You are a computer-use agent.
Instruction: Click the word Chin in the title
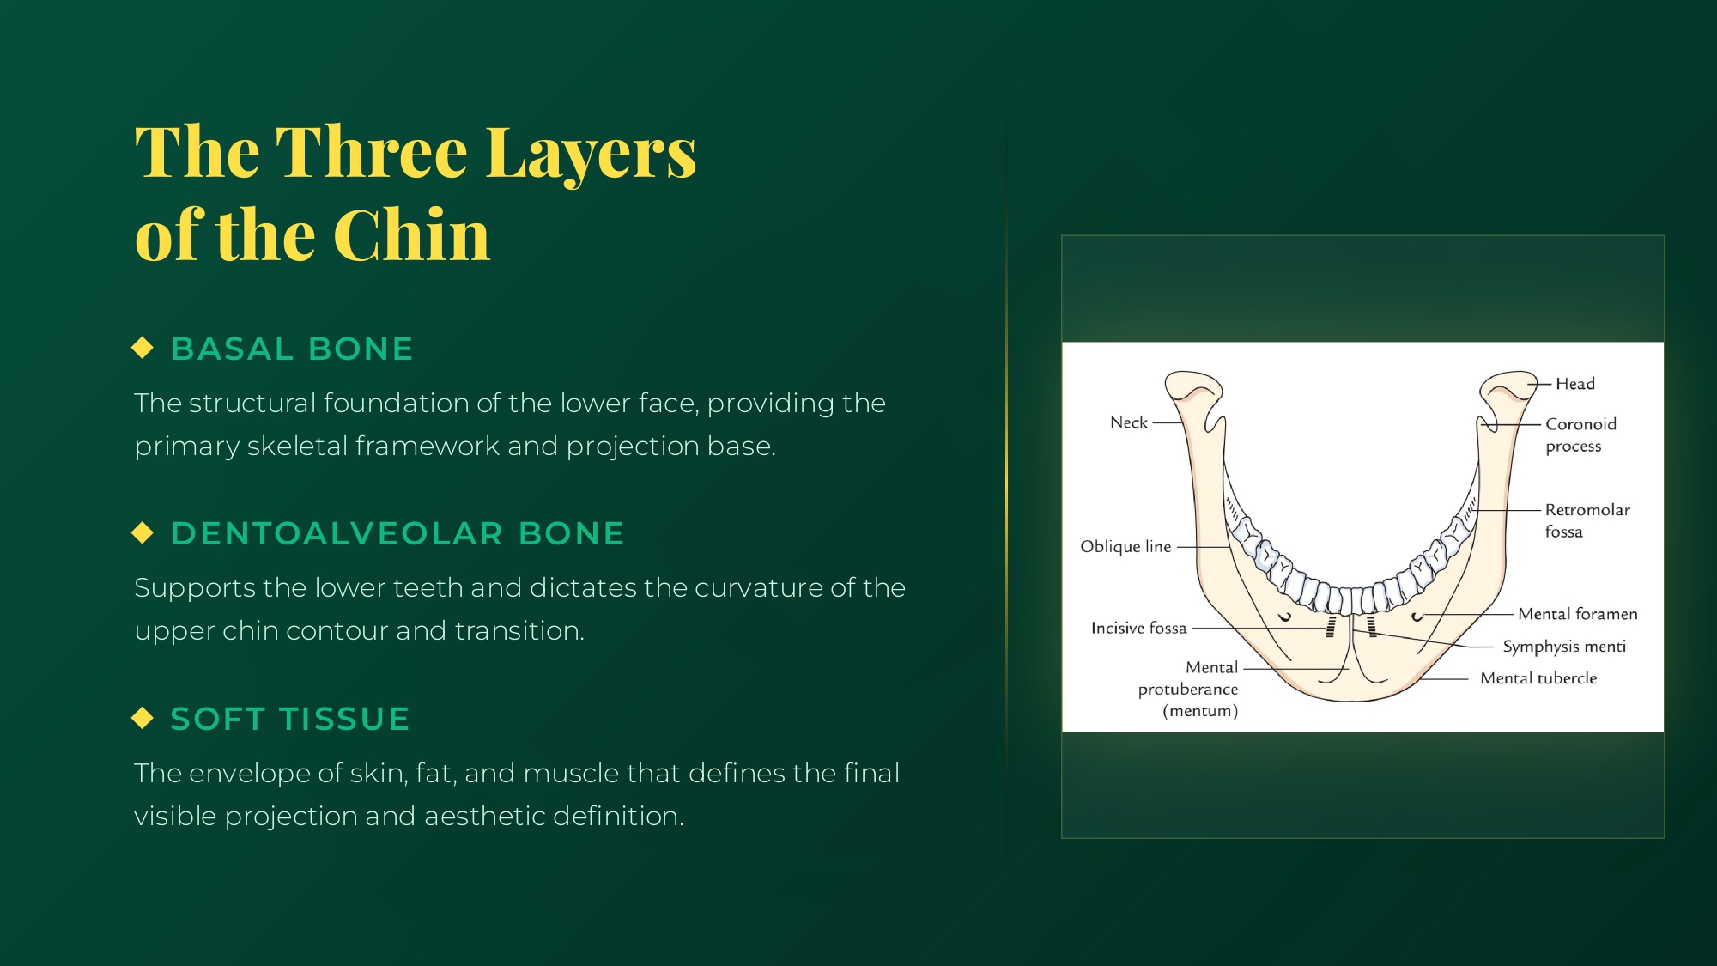[411, 234]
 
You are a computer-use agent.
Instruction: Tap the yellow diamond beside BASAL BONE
[143, 348]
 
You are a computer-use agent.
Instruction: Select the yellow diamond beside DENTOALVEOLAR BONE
[143, 532]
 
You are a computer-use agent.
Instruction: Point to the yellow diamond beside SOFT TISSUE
[143, 718]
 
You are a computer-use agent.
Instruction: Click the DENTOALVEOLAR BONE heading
[397, 533]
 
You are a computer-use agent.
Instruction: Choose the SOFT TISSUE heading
[290, 719]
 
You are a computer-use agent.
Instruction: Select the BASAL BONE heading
[292, 349]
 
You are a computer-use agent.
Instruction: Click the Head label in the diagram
[1575, 384]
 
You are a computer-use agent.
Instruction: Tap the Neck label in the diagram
[1129, 422]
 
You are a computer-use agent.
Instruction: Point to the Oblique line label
[1125, 547]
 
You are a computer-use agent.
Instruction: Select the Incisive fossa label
[1139, 629]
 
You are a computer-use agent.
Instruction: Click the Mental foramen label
[1578, 614]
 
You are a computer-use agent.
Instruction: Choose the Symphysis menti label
[1564, 647]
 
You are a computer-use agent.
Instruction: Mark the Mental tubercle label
[1538, 678]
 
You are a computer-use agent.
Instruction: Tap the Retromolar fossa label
[1587, 520]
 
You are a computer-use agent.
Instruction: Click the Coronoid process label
[1580, 434]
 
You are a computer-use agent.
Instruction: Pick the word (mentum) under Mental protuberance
[1200, 711]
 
